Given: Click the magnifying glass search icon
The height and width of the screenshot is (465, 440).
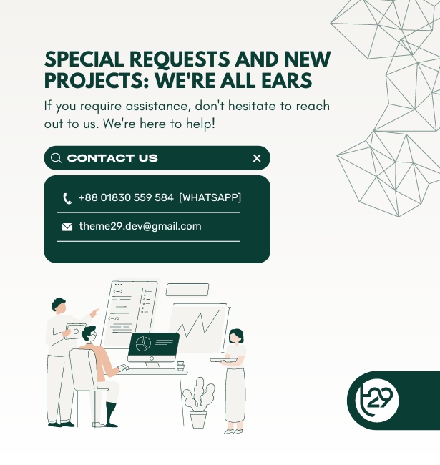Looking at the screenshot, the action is click(56, 158).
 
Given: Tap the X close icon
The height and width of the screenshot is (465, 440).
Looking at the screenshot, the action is click(257, 158).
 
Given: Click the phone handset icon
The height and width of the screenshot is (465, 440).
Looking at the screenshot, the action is click(67, 198).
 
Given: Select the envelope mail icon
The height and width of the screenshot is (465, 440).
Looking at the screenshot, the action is click(67, 227).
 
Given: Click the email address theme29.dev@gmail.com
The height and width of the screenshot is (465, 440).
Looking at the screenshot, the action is click(140, 226).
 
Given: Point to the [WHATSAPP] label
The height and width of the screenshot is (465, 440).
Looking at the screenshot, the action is click(210, 197).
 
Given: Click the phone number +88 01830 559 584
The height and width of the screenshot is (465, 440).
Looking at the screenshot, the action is click(126, 197).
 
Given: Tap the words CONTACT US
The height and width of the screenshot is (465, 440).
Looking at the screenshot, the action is click(112, 158).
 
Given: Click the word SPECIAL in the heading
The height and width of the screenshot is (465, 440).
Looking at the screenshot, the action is click(84, 59).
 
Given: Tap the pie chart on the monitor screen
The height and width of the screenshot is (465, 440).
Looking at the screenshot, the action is click(143, 343).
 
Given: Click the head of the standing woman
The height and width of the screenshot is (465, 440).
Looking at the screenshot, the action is click(236, 337).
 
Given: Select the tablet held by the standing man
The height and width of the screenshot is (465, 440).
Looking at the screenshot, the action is click(73, 331).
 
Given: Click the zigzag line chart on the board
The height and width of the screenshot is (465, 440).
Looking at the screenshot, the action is click(198, 325).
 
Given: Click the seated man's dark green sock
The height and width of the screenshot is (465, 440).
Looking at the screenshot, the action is click(111, 414).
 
